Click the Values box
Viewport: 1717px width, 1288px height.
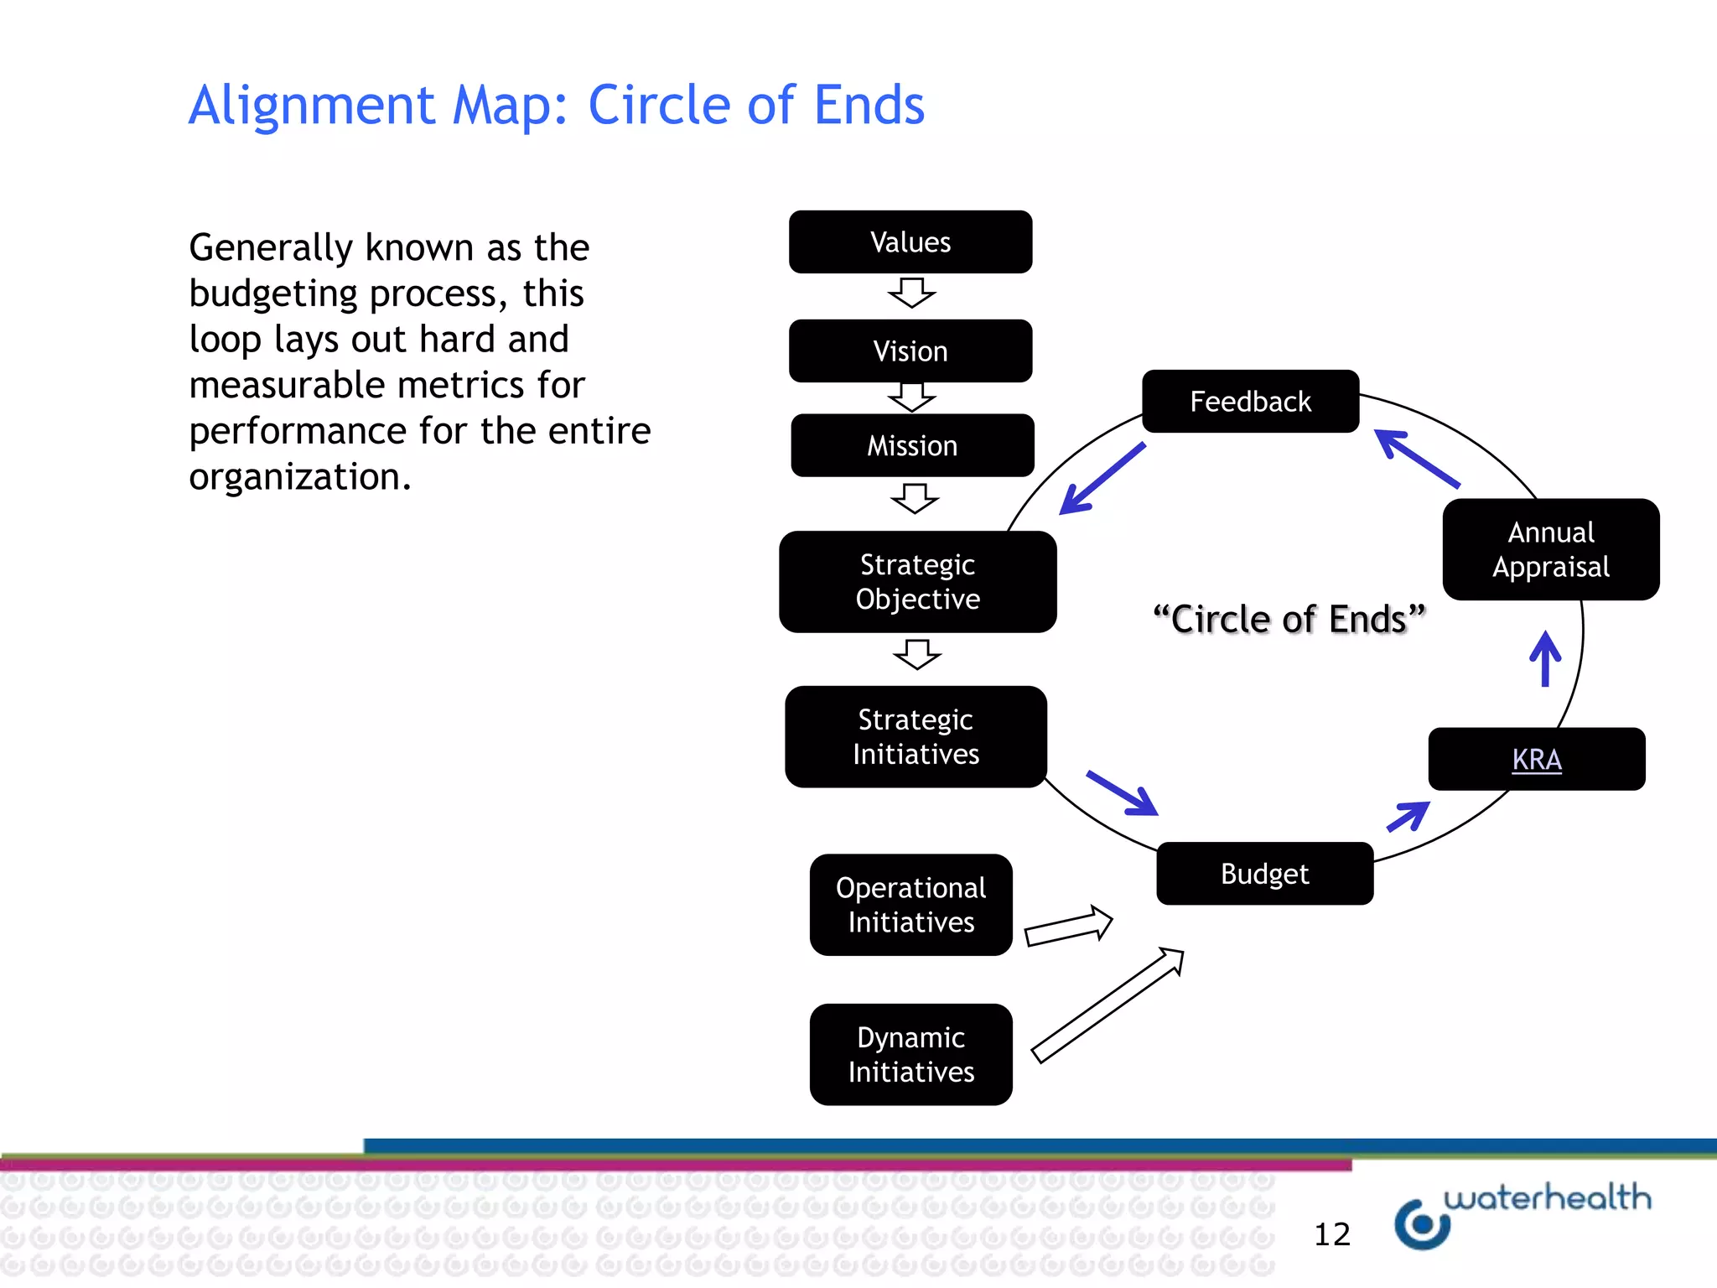[x=910, y=242]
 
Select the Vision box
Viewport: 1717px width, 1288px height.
[x=910, y=351]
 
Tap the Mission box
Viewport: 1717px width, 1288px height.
[x=912, y=446]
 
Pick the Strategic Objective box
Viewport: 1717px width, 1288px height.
[x=917, y=582]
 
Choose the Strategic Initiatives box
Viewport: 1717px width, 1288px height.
[x=916, y=737]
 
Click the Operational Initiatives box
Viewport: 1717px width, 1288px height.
[x=910, y=905]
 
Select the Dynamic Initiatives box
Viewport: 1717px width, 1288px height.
[x=910, y=1055]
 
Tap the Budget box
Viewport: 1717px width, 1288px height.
[x=1264, y=874]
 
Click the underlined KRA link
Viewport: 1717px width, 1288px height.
[x=1536, y=760]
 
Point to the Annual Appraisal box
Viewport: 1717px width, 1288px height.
[x=1550, y=550]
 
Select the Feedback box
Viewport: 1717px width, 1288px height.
[x=1250, y=402]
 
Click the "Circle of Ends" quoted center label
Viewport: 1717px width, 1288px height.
[x=1289, y=620]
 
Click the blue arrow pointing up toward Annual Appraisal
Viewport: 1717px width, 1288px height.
[x=1545, y=660]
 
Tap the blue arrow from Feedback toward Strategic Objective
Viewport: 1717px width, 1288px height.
[x=1101, y=480]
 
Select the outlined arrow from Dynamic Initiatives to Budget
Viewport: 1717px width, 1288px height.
[x=1107, y=1005]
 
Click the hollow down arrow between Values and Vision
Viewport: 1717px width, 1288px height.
[x=911, y=293]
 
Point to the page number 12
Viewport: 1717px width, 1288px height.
[x=1331, y=1234]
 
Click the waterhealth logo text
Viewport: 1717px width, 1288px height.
[x=1547, y=1197]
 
